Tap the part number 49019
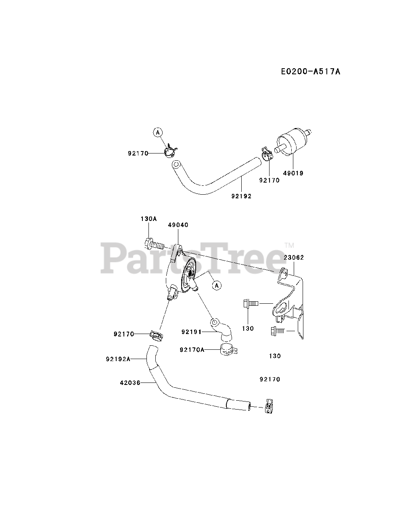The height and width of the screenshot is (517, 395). pyautogui.click(x=293, y=173)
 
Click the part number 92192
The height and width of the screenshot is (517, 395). pyautogui.click(x=241, y=196)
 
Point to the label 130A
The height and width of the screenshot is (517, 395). pyautogui.click(x=148, y=219)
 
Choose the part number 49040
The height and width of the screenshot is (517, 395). pyautogui.click(x=178, y=225)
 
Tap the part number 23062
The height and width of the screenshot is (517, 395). pyautogui.click(x=294, y=257)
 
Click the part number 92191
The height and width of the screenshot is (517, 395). pyautogui.click(x=191, y=332)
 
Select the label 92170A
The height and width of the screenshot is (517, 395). pyautogui.click(x=192, y=349)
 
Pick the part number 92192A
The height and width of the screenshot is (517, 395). pyautogui.click(x=118, y=358)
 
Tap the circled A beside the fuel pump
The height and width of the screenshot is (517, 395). pyautogui.click(x=217, y=285)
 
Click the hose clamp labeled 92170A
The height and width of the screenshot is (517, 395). pyautogui.click(x=228, y=349)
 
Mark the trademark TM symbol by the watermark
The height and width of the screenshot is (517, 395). pyautogui.click(x=289, y=245)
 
